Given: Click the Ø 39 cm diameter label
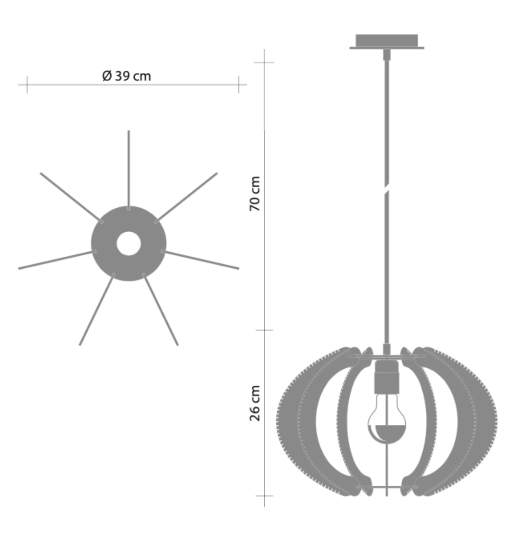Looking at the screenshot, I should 127,76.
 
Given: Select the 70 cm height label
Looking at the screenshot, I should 255,194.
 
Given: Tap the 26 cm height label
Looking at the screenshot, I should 255,403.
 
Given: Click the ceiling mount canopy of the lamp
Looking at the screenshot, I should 387,42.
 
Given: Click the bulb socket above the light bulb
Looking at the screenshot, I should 387,376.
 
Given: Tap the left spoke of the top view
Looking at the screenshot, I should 57,260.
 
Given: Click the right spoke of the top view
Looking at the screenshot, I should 200,260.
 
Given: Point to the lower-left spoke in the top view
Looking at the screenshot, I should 97,310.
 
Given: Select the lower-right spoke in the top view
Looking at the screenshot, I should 160,310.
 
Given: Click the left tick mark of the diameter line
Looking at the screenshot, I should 27,84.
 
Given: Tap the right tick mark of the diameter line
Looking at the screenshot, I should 239,84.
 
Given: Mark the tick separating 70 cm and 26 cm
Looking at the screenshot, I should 264,330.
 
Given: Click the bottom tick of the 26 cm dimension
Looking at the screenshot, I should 264,495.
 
